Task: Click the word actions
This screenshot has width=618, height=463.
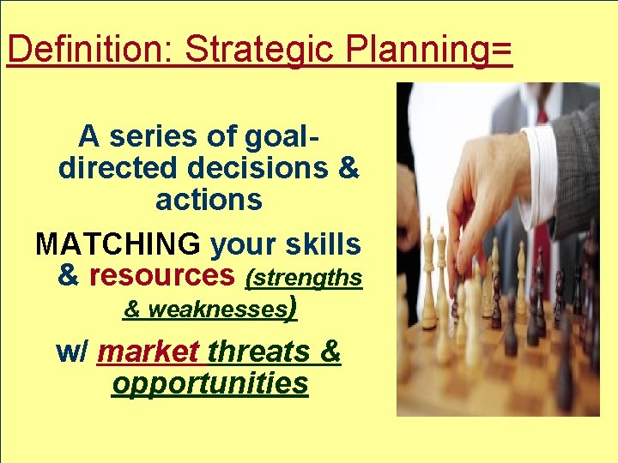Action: coord(209,200)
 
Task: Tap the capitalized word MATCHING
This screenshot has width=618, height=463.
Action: coord(118,245)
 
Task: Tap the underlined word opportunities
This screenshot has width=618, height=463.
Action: coord(209,383)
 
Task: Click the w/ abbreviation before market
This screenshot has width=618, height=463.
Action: coord(72,352)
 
